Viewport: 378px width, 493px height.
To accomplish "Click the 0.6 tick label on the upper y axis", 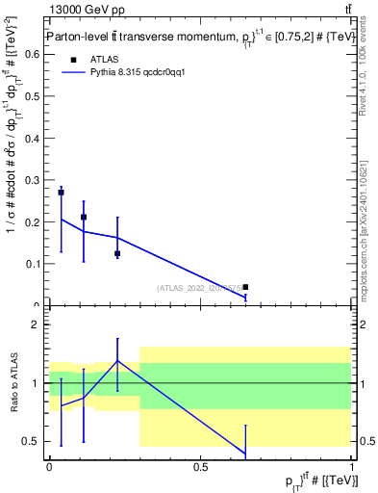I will tap(33, 55).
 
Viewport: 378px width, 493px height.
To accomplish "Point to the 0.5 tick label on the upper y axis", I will tap(33, 96).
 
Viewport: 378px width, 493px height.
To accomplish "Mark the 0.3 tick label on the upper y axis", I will tap(33, 180).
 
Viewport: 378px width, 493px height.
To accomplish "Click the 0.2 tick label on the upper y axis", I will tap(33, 221).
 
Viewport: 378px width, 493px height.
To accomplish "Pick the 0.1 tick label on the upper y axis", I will tap(33, 264).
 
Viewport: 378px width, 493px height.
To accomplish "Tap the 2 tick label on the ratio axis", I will tap(38, 325).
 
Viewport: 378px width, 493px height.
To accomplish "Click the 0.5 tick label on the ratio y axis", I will tap(34, 442).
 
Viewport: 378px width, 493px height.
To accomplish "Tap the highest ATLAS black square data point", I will tap(61, 193).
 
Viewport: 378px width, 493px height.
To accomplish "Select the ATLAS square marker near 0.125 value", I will tap(117, 253).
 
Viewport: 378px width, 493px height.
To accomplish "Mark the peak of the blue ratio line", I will tap(117, 361).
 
